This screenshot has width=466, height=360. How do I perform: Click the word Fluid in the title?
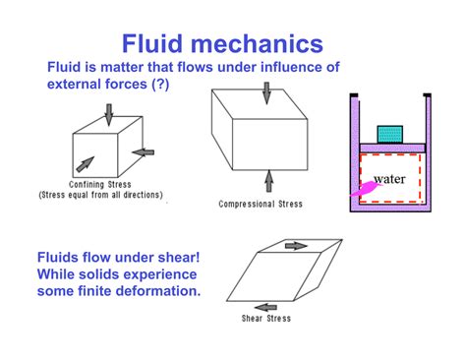(x=158, y=43)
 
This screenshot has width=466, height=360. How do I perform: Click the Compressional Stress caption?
(x=262, y=205)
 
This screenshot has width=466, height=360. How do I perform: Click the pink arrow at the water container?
(x=361, y=187)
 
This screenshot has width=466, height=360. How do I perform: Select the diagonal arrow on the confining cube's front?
(x=87, y=162)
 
